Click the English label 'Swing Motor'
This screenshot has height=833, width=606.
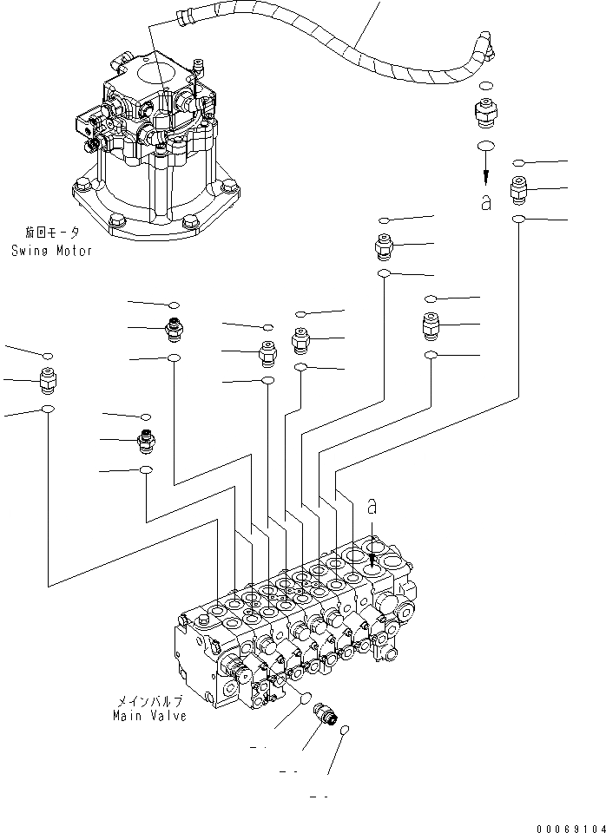point(52,251)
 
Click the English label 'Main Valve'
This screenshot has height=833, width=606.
point(150,716)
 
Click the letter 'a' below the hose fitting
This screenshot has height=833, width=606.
point(486,204)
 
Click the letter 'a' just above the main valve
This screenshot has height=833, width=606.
point(372,503)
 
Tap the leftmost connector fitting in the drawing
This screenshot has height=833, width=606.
point(49,379)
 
